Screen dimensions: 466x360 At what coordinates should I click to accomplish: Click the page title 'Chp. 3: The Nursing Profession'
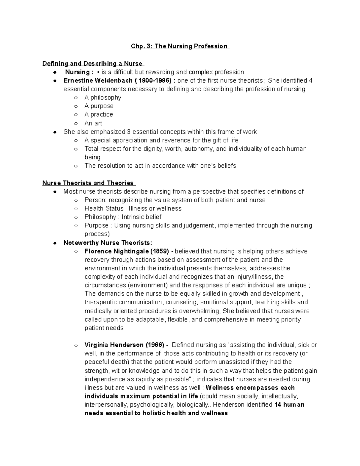(179, 46)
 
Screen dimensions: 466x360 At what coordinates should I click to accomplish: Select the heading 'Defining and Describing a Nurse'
(93, 64)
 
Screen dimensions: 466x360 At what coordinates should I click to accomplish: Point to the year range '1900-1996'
(154, 80)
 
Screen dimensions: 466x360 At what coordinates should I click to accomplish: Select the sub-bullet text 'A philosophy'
(103, 98)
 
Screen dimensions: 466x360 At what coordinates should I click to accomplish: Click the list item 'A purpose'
(99, 106)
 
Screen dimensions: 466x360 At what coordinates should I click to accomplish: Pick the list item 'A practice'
(99, 114)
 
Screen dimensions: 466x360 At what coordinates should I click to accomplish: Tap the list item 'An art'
(93, 123)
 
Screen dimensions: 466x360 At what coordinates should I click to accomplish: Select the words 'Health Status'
(104, 208)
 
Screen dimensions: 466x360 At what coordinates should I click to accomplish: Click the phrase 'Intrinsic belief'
(142, 217)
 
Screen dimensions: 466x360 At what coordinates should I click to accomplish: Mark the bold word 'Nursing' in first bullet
(77, 72)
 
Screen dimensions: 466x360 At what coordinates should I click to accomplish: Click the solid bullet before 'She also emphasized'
(55, 132)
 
